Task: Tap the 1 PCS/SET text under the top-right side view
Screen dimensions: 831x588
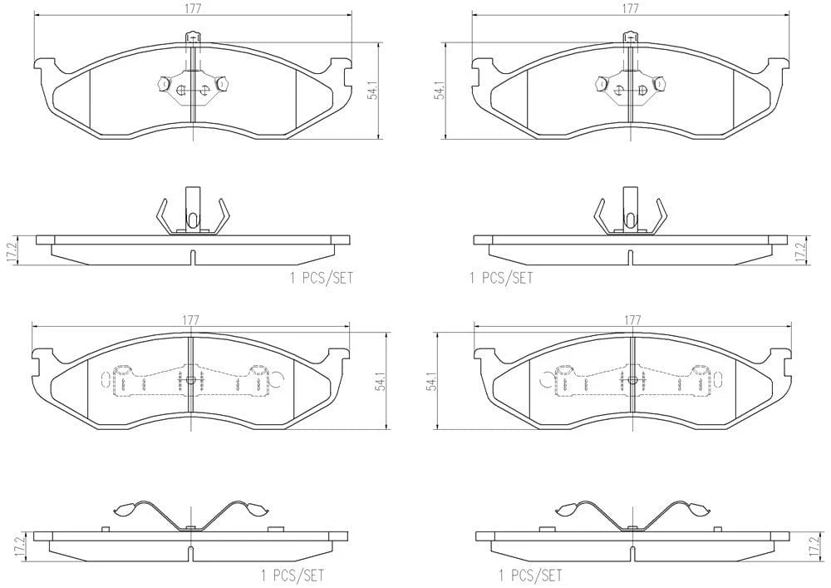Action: click(501, 278)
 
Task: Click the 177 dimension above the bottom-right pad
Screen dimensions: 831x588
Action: click(632, 319)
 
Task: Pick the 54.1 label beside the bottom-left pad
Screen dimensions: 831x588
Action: click(380, 381)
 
